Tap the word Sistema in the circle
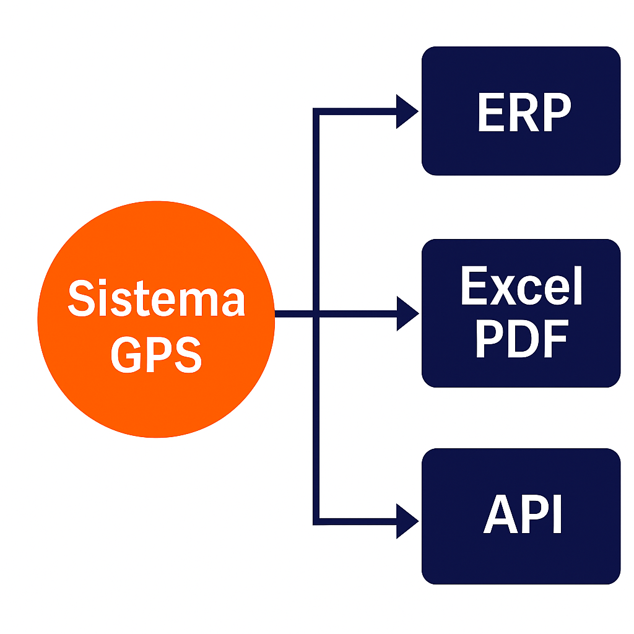[156, 298]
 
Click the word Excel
[521, 287]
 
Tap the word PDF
[521, 339]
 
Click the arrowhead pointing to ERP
[406, 112]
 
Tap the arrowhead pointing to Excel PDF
[406, 313]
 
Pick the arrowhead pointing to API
[406, 521]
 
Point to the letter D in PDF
[521, 339]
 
